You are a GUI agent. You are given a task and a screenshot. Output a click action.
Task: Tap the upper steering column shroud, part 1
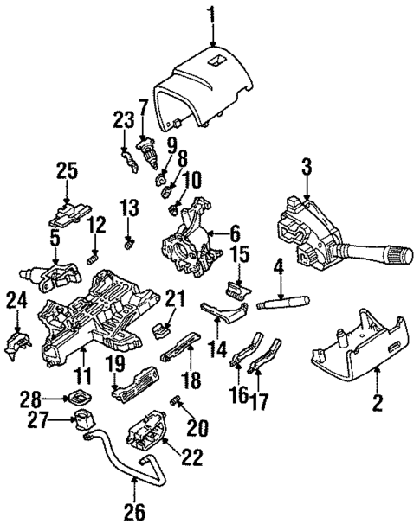coord(208,87)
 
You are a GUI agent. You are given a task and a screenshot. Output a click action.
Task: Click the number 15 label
coord(239,256)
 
